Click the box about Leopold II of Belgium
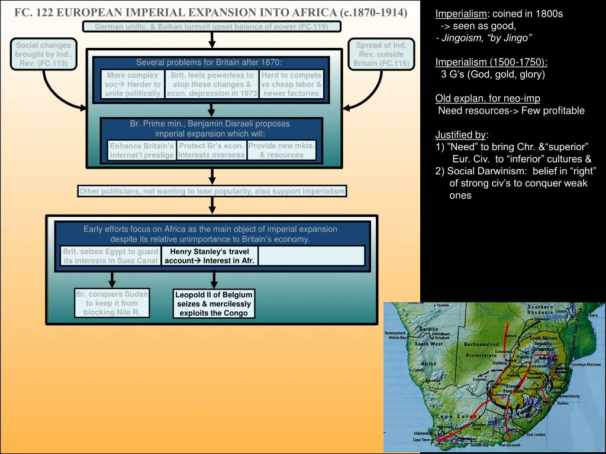pyautogui.click(x=214, y=304)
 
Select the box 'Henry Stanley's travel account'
pyautogui.click(x=210, y=256)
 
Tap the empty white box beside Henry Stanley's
pyautogui.click(x=311, y=256)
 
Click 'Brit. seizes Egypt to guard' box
pyautogui.click(x=111, y=256)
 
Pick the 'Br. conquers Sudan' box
pyautogui.click(x=112, y=303)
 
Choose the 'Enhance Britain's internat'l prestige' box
pyautogui.click(x=142, y=150)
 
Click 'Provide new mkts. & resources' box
pyautogui.click(x=281, y=150)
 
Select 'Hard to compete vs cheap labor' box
pyautogui.click(x=291, y=84)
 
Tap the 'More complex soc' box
pyautogui.click(x=133, y=84)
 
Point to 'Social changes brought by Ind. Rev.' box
pyautogui.click(x=43, y=54)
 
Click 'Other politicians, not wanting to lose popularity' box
pyautogui.click(x=212, y=191)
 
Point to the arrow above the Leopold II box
pyautogui.click(x=214, y=278)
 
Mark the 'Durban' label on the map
pyautogui.click(x=563, y=403)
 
